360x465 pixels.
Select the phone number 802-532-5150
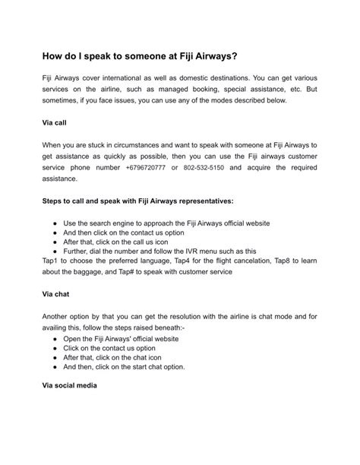coord(204,166)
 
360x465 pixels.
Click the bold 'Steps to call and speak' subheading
coord(142,201)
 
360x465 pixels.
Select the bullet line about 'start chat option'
coord(124,366)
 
